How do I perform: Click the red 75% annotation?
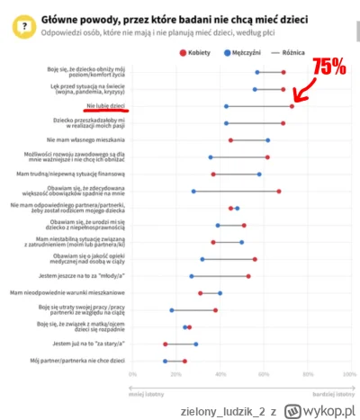coord(329,65)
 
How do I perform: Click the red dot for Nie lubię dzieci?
coord(292,106)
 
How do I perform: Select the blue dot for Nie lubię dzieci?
coord(226,106)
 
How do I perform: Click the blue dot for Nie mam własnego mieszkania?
coord(267,140)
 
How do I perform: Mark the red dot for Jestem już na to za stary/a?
coord(166,344)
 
